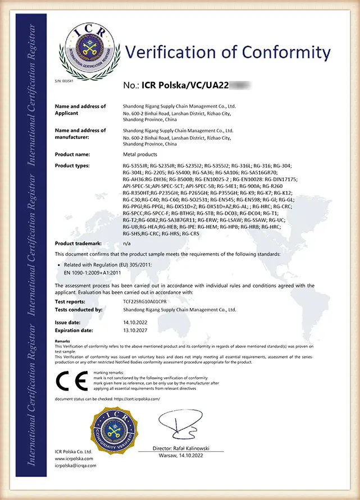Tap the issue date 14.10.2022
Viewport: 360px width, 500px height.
[134, 323]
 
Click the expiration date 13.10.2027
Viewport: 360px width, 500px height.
[134, 331]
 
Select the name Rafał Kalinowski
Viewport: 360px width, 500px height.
[198, 449]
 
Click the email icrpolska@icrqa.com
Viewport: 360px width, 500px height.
[75, 465]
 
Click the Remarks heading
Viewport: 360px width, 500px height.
[62, 341]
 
